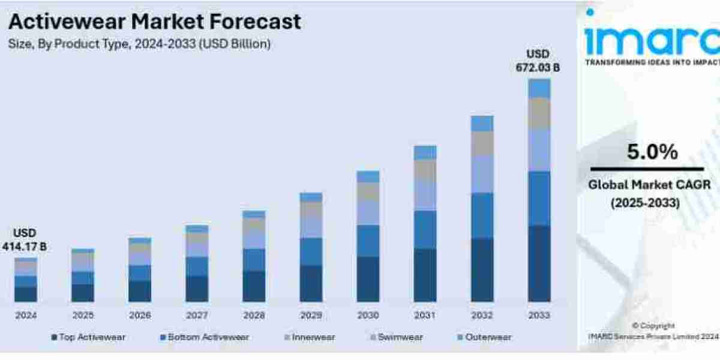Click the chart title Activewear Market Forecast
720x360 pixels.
[154, 22]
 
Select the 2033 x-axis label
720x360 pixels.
[539, 316]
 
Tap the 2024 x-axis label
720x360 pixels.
[26, 316]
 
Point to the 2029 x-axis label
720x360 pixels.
[311, 316]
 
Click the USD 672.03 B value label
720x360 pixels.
[538, 61]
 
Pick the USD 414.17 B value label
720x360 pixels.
[25, 239]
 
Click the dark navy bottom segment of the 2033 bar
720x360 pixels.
[539, 263]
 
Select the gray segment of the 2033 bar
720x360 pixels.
[539, 113]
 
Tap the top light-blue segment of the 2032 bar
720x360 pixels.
[482, 123]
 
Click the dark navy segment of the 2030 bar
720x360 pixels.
[368, 279]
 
